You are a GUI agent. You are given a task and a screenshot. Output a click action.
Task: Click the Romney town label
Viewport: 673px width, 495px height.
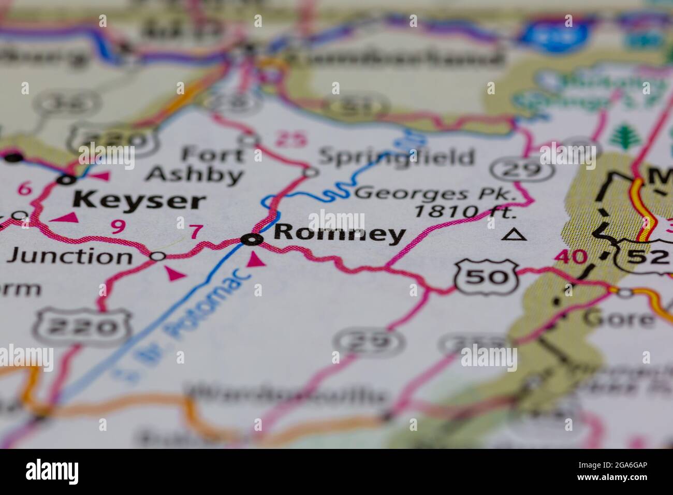339,234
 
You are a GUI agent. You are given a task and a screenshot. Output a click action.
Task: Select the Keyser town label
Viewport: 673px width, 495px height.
139,200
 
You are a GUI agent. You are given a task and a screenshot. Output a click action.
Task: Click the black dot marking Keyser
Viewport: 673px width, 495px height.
66,180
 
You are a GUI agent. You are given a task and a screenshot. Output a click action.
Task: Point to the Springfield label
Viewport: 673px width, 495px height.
396,156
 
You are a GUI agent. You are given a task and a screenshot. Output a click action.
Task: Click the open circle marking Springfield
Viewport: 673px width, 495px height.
310,172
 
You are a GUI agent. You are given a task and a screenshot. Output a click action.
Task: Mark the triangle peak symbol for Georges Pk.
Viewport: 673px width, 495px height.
515,235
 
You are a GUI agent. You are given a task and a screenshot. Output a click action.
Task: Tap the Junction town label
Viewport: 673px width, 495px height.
72,256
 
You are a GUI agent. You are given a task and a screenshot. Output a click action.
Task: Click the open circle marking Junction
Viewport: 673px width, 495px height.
157,256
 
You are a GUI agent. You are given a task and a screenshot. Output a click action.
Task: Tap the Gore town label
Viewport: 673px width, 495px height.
618,317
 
